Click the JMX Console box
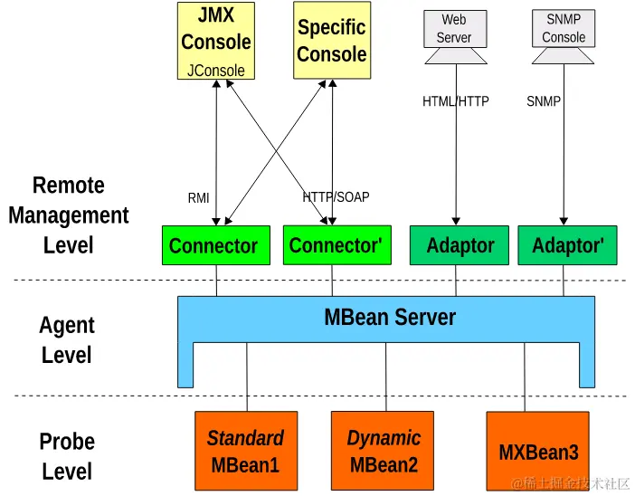(215, 41)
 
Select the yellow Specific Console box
(331, 41)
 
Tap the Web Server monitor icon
(455, 29)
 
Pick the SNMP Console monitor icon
(564, 29)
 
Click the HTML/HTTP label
(455, 101)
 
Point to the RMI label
(198, 198)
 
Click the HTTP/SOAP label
(336, 196)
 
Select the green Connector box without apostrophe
(215, 245)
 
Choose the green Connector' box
(337, 244)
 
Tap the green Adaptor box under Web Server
(460, 245)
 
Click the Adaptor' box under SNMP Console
(567, 245)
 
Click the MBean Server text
(390, 318)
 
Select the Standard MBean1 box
(245, 451)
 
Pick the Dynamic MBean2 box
(384, 451)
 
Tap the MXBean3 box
(538, 452)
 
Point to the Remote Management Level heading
(69, 215)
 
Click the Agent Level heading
(67, 339)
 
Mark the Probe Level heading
(67, 456)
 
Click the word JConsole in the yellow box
(215, 70)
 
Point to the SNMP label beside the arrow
(544, 101)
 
